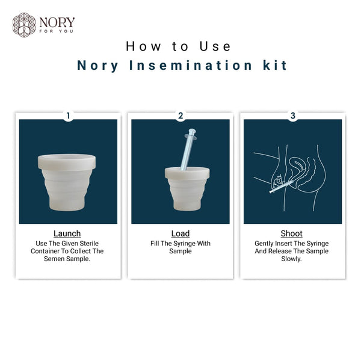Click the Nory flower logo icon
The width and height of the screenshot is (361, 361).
click(x=24, y=25)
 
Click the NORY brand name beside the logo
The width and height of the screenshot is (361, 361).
click(x=57, y=22)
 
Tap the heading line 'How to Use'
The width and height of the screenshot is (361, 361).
click(x=179, y=46)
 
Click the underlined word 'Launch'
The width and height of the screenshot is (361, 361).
click(x=67, y=233)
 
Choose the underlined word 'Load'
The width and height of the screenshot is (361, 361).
click(x=180, y=233)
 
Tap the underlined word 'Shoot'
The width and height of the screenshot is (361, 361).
click(x=292, y=233)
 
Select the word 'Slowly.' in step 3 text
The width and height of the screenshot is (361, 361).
click(x=292, y=259)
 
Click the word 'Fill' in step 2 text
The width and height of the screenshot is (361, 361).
click(x=156, y=244)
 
